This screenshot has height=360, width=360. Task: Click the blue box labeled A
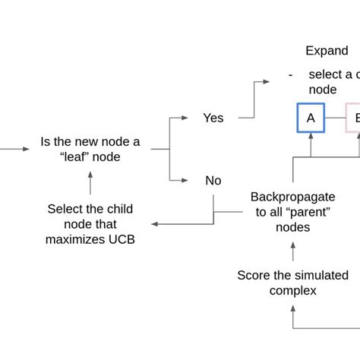pos(310,118)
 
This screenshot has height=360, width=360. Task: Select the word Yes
pos(213,118)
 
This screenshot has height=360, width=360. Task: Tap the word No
pos(213,181)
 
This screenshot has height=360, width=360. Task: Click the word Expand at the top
pos(327,51)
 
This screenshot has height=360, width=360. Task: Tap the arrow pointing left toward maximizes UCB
pos(156,224)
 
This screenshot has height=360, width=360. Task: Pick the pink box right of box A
pos(353,118)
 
